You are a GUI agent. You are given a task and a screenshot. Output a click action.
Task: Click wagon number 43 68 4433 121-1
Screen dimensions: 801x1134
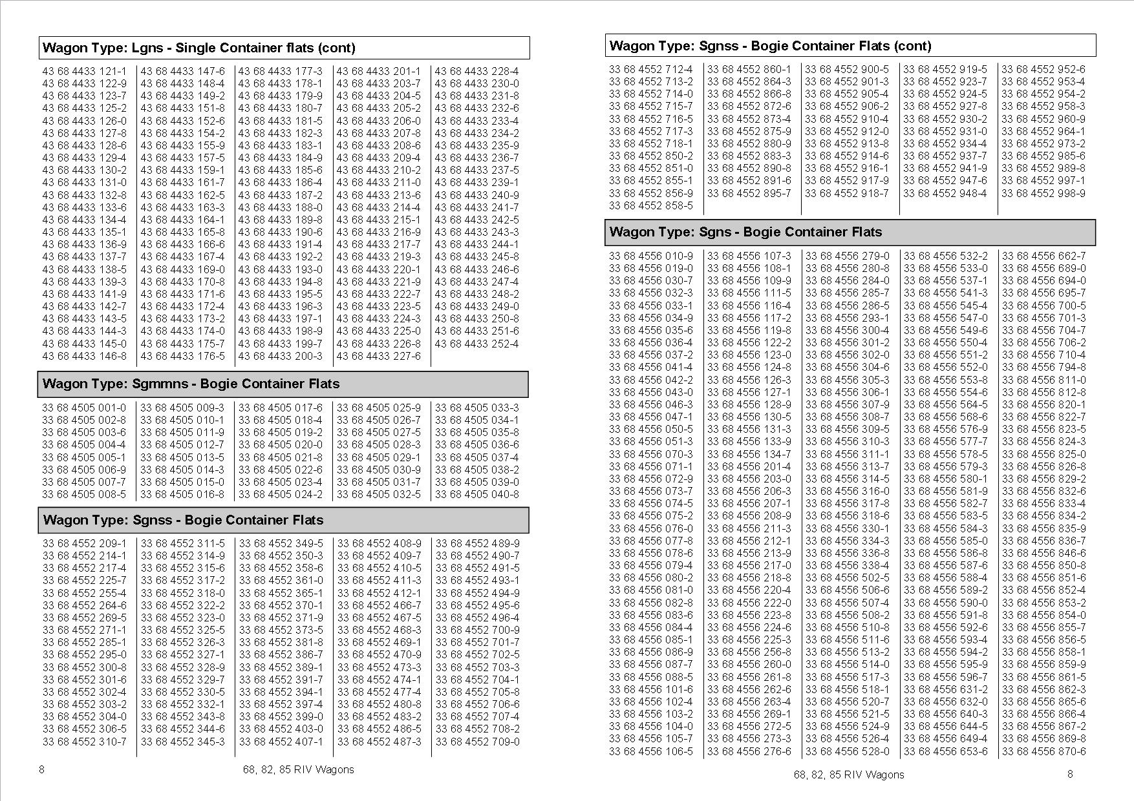85,71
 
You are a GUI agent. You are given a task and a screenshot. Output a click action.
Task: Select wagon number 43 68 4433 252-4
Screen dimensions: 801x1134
476,344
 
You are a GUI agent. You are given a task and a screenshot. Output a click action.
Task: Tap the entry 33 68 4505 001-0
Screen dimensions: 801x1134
84,408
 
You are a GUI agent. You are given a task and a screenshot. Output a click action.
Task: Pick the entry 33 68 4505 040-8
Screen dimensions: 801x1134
476,494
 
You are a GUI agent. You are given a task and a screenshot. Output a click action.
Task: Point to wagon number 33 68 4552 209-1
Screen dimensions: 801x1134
85,543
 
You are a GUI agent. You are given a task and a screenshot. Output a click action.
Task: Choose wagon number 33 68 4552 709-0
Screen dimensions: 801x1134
477,742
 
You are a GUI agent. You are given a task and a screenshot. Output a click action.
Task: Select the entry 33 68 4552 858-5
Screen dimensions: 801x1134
650,205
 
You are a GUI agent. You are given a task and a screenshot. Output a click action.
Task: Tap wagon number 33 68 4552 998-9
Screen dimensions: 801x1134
1043,193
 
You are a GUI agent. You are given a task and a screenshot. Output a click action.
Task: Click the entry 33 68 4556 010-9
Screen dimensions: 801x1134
650,256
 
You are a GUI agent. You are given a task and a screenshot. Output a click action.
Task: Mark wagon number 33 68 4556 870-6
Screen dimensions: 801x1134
1043,751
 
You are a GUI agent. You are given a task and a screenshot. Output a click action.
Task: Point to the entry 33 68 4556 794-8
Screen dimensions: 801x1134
1043,368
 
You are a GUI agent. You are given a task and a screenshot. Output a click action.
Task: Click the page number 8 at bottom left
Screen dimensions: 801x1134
42,769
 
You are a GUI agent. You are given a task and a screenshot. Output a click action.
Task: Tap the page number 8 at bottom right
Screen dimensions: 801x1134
1071,774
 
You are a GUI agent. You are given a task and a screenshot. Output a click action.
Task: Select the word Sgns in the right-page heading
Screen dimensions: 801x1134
715,232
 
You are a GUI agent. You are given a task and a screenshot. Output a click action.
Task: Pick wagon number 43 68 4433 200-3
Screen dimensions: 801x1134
280,356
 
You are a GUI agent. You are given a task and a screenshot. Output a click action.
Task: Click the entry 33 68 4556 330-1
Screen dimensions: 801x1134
847,528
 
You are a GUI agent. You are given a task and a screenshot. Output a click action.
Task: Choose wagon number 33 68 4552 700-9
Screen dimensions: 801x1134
477,630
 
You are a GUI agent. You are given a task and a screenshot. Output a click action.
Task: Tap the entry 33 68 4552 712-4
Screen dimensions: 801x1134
650,69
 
